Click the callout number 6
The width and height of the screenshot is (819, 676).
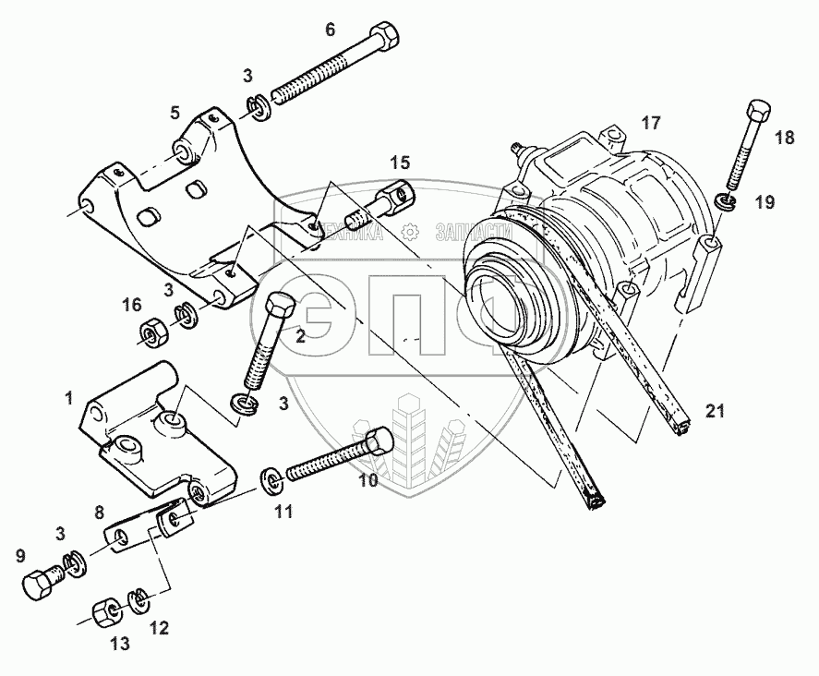tap(330, 30)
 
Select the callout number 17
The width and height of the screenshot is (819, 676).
tap(652, 122)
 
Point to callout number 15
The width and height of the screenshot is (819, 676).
tap(399, 163)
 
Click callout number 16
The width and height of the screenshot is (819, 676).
tap(131, 305)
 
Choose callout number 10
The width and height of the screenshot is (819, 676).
tap(368, 481)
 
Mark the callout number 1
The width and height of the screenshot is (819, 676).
tap(68, 399)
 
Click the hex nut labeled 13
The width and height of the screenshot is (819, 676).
tap(103, 611)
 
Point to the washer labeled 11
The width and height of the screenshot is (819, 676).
tap(271, 477)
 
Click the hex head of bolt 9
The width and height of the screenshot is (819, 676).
tap(40, 584)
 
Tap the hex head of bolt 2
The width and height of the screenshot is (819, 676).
tap(279, 307)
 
